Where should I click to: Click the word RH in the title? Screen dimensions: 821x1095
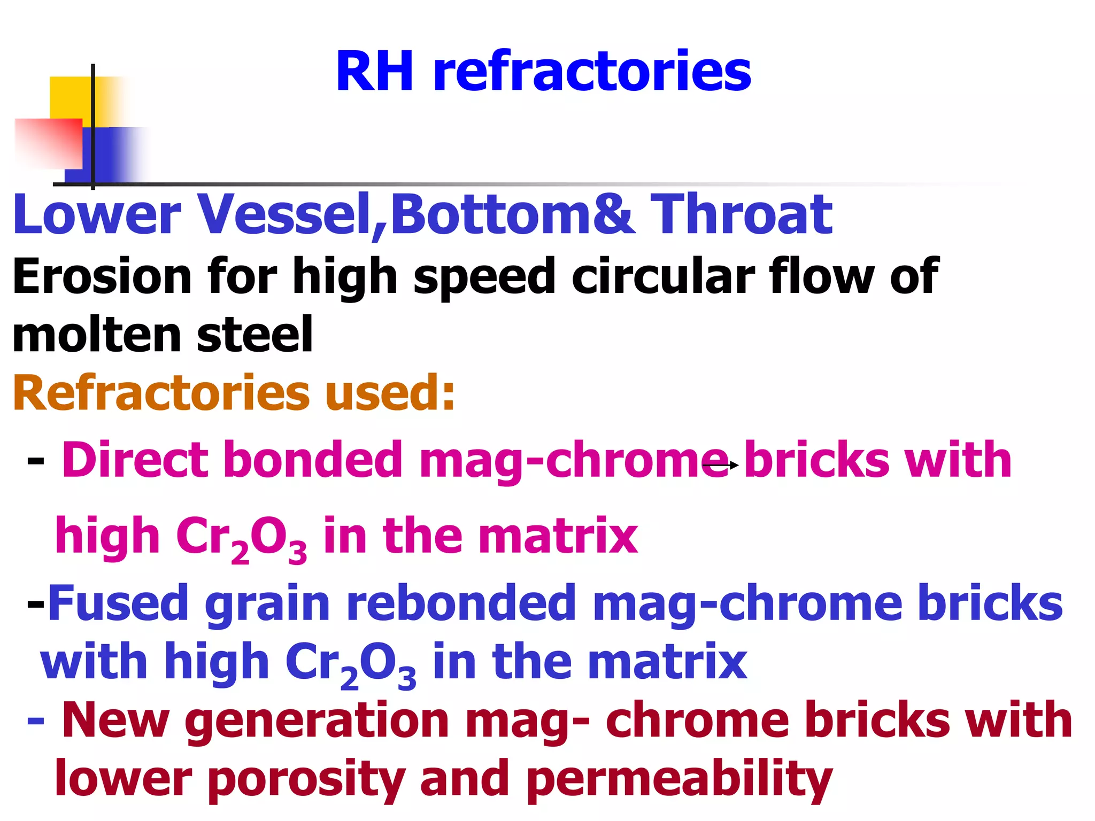[375, 72]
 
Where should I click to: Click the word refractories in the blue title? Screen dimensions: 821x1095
[592, 72]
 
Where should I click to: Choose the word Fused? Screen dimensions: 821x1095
[118, 603]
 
